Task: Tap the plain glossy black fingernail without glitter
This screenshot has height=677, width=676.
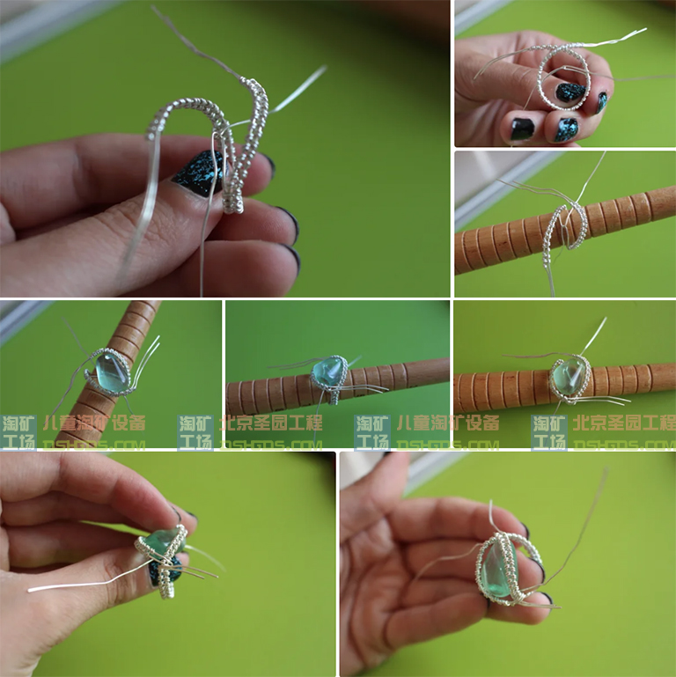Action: (x=523, y=129)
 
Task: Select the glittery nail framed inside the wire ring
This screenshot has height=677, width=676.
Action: (x=570, y=92)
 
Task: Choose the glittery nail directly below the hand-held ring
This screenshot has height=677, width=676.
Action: (x=565, y=129)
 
